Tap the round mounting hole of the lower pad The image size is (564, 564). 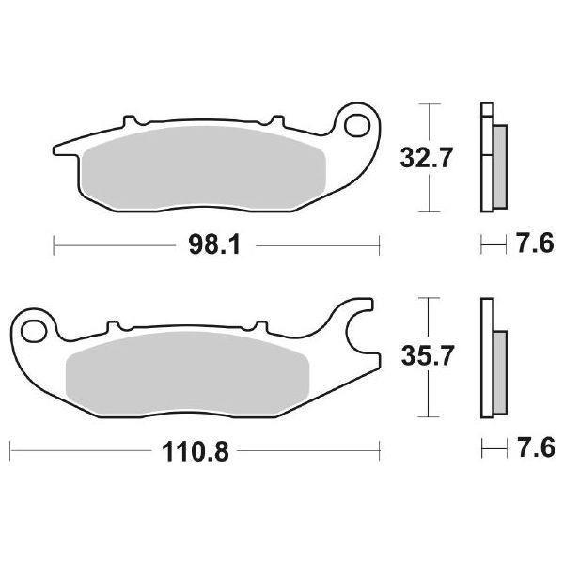pos(36,330)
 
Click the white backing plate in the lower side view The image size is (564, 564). pos(486,357)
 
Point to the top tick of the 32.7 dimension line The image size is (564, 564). pos(430,105)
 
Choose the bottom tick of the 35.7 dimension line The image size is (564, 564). pos(430,415)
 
